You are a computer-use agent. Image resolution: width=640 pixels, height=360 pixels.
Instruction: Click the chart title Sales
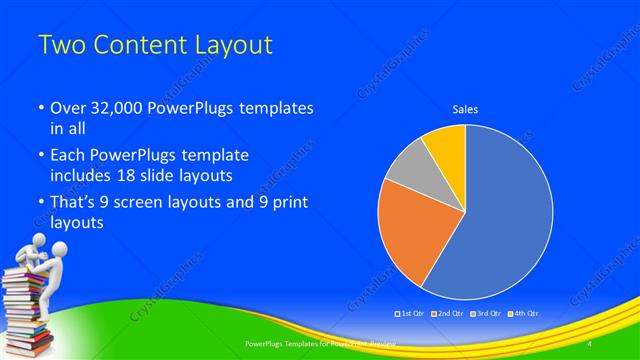coord(465,108)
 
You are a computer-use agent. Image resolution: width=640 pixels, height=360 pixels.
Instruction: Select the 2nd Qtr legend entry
coord(447,314)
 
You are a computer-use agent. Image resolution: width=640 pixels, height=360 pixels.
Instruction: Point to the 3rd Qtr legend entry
coord(483,314)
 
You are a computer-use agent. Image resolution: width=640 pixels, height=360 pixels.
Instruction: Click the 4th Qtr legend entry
coord(519,314)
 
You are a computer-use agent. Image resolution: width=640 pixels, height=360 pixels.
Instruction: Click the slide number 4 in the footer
coord(590,343)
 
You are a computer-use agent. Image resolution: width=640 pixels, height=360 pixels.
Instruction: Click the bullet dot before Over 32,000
coord(40,108)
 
